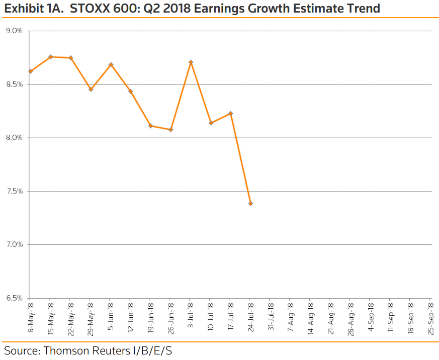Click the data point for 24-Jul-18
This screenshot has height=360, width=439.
pyautogui.click(x=250, y=204)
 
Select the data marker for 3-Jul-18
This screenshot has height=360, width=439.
pyautogui.click(x=191, y=62)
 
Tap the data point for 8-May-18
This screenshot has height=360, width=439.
pyautogui.click(x=31, y=71)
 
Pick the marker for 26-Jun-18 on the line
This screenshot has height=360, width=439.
pyautogui.click(x=170, y=130)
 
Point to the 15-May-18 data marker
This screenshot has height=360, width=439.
pyautogui.click(x=51, y=57)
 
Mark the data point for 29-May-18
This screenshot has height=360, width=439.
pyautogui.click(x=91, y=89)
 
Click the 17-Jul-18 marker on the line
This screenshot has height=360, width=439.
pyautogui.click(x=231, y=113)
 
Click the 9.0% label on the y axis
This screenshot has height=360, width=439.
pyautogui.click(x=14, y=31)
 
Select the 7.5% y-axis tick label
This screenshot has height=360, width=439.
pyautogui.click(x=14, y=191)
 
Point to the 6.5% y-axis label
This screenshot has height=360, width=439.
pyautogui.click(x=14, y=298)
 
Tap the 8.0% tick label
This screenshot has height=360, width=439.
pyautogui.click(x=14, y=138)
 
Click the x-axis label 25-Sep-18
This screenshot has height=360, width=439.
pyautogui.click(x=430, y=319)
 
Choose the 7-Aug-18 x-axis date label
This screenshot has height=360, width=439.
pyautogui.click(x=291, y=317)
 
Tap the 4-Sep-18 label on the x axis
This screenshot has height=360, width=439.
pyautogui.click(x=371, y=317)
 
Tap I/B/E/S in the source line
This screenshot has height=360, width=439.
pyautogui.click(x=151, y=351)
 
